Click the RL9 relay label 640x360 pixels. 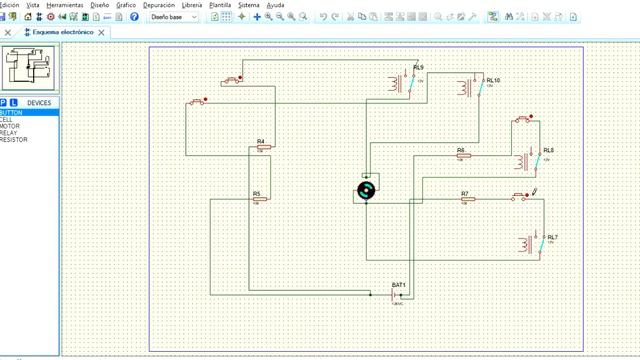[x=418, y=67]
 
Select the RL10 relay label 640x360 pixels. [x=493, y=79]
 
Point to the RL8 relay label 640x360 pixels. [x=548, y=150]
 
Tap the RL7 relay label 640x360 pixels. [x=552, y=237]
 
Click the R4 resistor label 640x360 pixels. [x=260, y=141]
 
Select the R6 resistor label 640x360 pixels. [x=461, y=150]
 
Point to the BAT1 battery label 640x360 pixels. [x=399, y=286]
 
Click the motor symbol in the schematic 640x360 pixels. [x=367, y=191]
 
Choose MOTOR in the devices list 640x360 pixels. [x=10, y=126]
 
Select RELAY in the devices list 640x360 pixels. [x=9, y=133]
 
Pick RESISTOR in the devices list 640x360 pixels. [x=14, y=140]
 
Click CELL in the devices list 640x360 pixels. [x=7, y=120]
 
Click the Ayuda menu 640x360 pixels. [x=275, y=5]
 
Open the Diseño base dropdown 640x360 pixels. [x=172, y=17]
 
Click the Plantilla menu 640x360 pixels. [x=219, y=5]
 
